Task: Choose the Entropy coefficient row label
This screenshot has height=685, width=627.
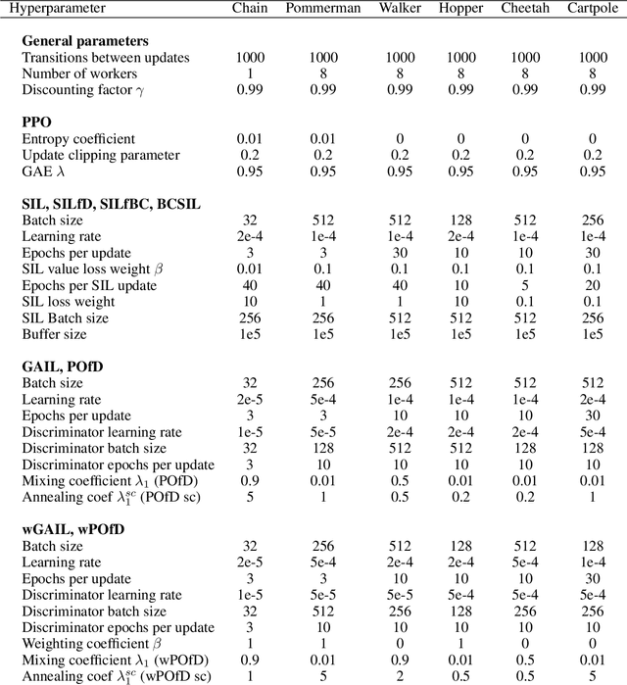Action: pyautogui.click(x=78, y=139)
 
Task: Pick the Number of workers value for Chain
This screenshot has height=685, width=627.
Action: pyautogui.click(x=250, y=73)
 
